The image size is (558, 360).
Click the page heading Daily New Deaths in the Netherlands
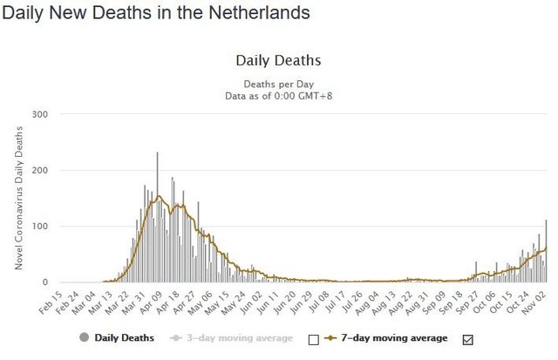click(157, 14)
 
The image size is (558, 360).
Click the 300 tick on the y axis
click(39, 114)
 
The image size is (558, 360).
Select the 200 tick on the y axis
click(39, 170)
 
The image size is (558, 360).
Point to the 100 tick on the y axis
click(39, 226)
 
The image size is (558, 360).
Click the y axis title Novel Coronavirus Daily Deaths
click(18, 198)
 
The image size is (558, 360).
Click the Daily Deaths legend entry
click(117, 338)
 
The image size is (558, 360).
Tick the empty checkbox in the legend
click(314, 339)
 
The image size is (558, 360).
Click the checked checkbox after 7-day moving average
click(467, 339)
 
